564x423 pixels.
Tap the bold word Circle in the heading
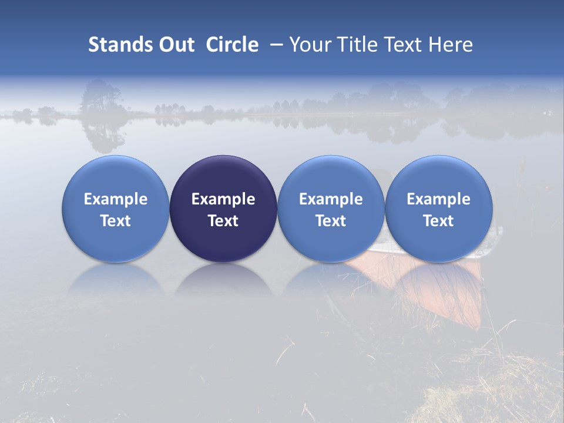(232, 45)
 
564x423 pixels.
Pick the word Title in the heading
(358, 45)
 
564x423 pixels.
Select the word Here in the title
(450, 45)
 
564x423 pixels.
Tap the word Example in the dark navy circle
(223, 199)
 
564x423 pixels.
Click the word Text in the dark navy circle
(223, 221)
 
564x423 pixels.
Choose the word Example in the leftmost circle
(116, 199)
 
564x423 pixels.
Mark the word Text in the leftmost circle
(116, 221)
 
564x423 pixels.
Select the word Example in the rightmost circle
(438, 199)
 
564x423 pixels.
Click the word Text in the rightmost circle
(438, 221)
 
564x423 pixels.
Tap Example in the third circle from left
(331, 199)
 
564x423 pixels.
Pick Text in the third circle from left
(331, 221)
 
